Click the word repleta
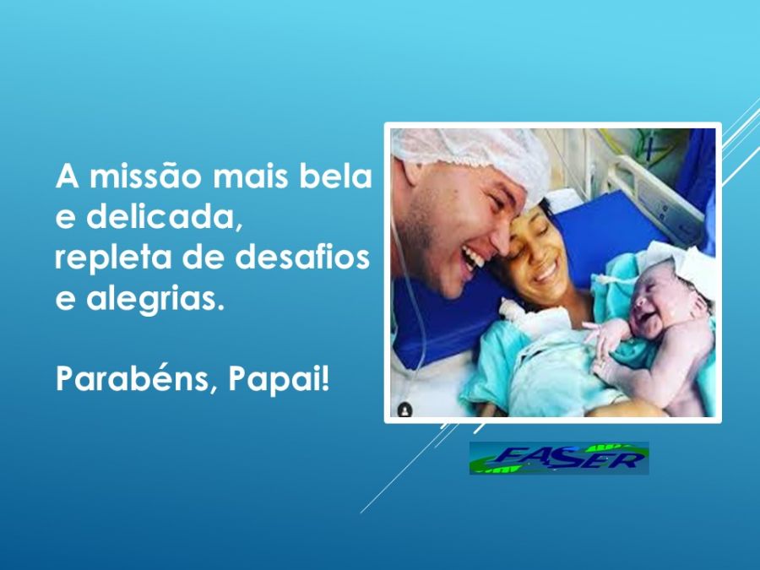point(113,257)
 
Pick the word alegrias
point(155,299)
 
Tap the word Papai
point(274,378)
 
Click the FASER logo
point(559,458)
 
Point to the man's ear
point(412,171)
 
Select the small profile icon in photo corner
point(404,410)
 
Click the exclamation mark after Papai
point(325,378)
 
